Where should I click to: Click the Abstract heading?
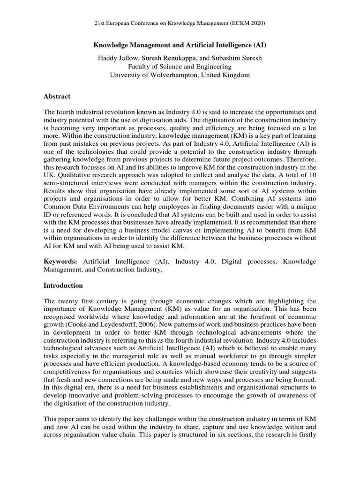(57, 96)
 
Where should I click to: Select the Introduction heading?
(63, 285)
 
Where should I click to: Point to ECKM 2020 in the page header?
(254, 22)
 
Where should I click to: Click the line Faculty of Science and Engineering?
(180, 66)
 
